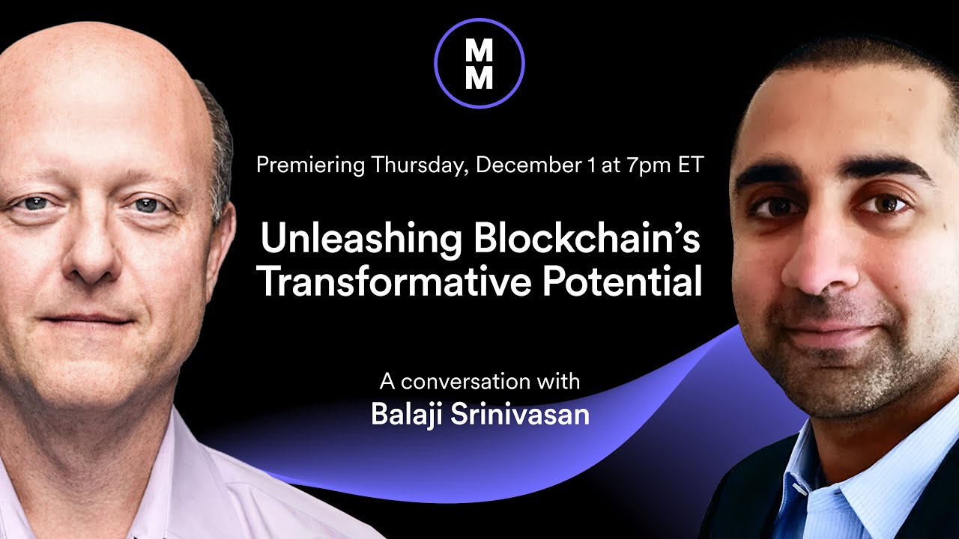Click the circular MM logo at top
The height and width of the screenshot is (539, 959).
click(479, 64)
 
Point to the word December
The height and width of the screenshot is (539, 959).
click(527, 165)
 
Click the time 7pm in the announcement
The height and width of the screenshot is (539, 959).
click(649, 165)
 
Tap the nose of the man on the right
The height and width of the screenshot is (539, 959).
click(817, 269)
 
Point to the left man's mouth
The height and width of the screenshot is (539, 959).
click(86, 318)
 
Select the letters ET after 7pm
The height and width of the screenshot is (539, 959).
click(690, 165)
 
